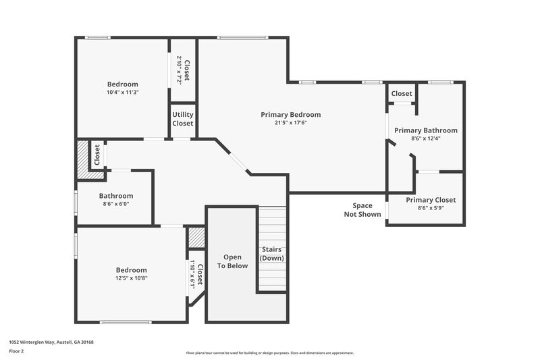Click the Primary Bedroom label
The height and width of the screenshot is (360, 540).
click(x=290, y=114)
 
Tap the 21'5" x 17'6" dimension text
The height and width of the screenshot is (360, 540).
click(x=290, y=123)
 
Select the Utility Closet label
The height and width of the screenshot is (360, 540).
click(x=182, y=119)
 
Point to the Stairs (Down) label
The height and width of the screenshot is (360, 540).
click(x=272, y=254)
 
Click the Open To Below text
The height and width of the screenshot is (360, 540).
click(x=232, y=261)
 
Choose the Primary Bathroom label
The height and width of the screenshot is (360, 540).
click(x=425, y=130)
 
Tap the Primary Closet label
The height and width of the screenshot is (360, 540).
click(x=430, y=200)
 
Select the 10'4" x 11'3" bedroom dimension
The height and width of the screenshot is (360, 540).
click(x=123, y=93)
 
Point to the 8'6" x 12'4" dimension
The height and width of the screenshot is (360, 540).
click(x=425, y=139)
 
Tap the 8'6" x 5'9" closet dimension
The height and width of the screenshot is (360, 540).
click(x=430, y=209)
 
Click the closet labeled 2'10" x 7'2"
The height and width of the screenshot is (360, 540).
click(x=182, y=68)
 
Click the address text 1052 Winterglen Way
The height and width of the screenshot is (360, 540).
click(x=51, y=342)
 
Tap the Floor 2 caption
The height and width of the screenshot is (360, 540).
click(x=16, y=351)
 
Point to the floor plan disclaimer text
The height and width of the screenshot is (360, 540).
click(x=269, y=353)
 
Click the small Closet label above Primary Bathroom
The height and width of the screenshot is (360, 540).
click(x=402, y=93)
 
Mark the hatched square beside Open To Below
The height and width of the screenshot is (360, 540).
click(x=196, y=236)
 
